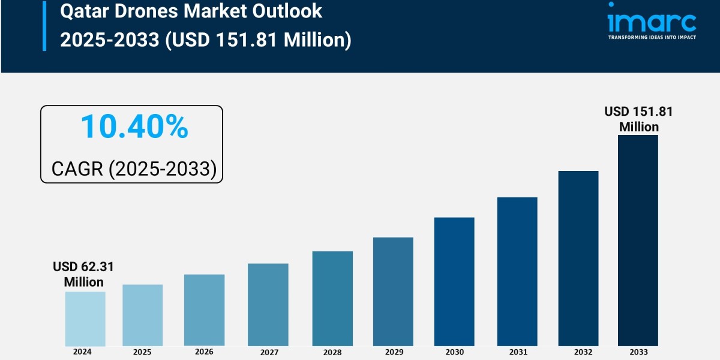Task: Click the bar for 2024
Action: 85,319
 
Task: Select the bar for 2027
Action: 268,304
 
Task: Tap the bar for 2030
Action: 454,281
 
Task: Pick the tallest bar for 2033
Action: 638,240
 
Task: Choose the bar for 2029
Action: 393,292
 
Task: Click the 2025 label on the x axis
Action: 142,352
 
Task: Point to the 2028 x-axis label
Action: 332,352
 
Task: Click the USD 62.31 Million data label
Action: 83,274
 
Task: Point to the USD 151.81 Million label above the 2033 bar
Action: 638,119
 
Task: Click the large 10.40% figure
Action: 134,127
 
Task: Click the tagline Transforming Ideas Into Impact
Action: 652,37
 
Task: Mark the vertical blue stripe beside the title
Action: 44,25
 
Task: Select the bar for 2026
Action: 204,310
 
